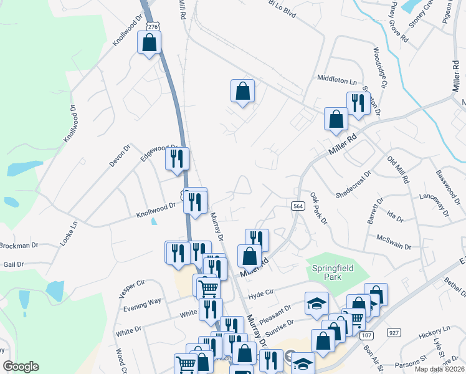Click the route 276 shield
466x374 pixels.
154,26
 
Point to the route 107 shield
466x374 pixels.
366,335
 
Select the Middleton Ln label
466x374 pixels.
336,80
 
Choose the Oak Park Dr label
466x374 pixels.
318,209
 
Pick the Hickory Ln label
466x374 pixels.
434,330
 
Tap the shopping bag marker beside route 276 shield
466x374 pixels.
149,42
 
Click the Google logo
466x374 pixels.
21,367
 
